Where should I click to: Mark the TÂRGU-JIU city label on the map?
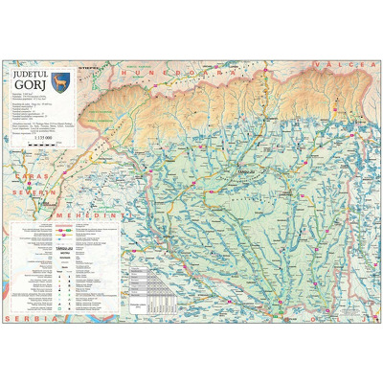(246, 172)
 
